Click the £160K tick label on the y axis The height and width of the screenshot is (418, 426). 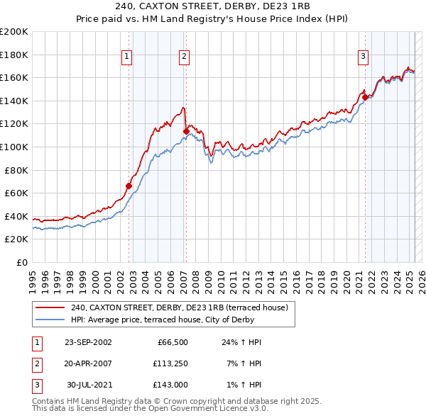coord(14,77)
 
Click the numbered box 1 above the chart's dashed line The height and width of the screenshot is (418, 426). coord(126,57)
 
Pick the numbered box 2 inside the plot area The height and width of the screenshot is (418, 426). coord(184,57)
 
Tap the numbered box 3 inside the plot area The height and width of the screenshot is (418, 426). coord(363,57)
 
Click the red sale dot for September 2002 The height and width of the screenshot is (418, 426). coord(129,186)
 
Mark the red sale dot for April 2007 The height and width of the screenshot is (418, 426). coord(186,131)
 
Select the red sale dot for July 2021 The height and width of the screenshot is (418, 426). coord(365,97)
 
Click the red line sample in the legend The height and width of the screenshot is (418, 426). coord(50,308)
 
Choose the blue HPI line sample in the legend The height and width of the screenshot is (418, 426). coord(50,320)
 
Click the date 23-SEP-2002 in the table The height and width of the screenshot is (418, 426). coord(88,342)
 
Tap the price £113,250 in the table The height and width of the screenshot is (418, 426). coord(168,363)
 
